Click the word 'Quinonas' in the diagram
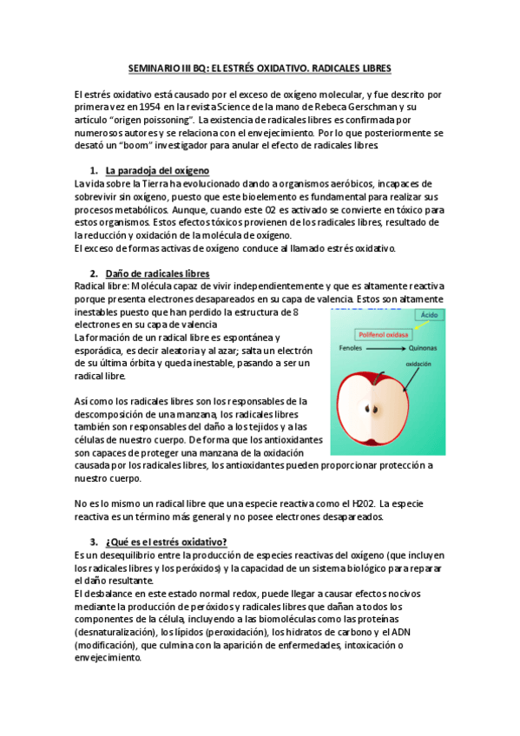pyautogui.click(x=423, y=347)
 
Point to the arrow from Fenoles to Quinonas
pyautogui.click(x=386, y=347)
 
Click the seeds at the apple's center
pyautogui.click(x=374, y=410)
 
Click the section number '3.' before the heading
pyautogui.click(x=95, y=542)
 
